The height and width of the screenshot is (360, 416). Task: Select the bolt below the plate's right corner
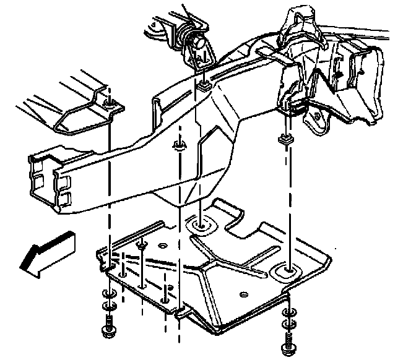click(288, 339)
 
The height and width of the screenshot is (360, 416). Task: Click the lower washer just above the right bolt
click(288, 323)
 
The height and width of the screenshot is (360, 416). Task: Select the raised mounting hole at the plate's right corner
click(287, 270)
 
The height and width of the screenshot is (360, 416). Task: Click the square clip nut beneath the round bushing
click(202, 85)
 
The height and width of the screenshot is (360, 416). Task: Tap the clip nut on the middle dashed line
click(179, 147)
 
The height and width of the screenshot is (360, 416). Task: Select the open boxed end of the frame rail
click(47, 179)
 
